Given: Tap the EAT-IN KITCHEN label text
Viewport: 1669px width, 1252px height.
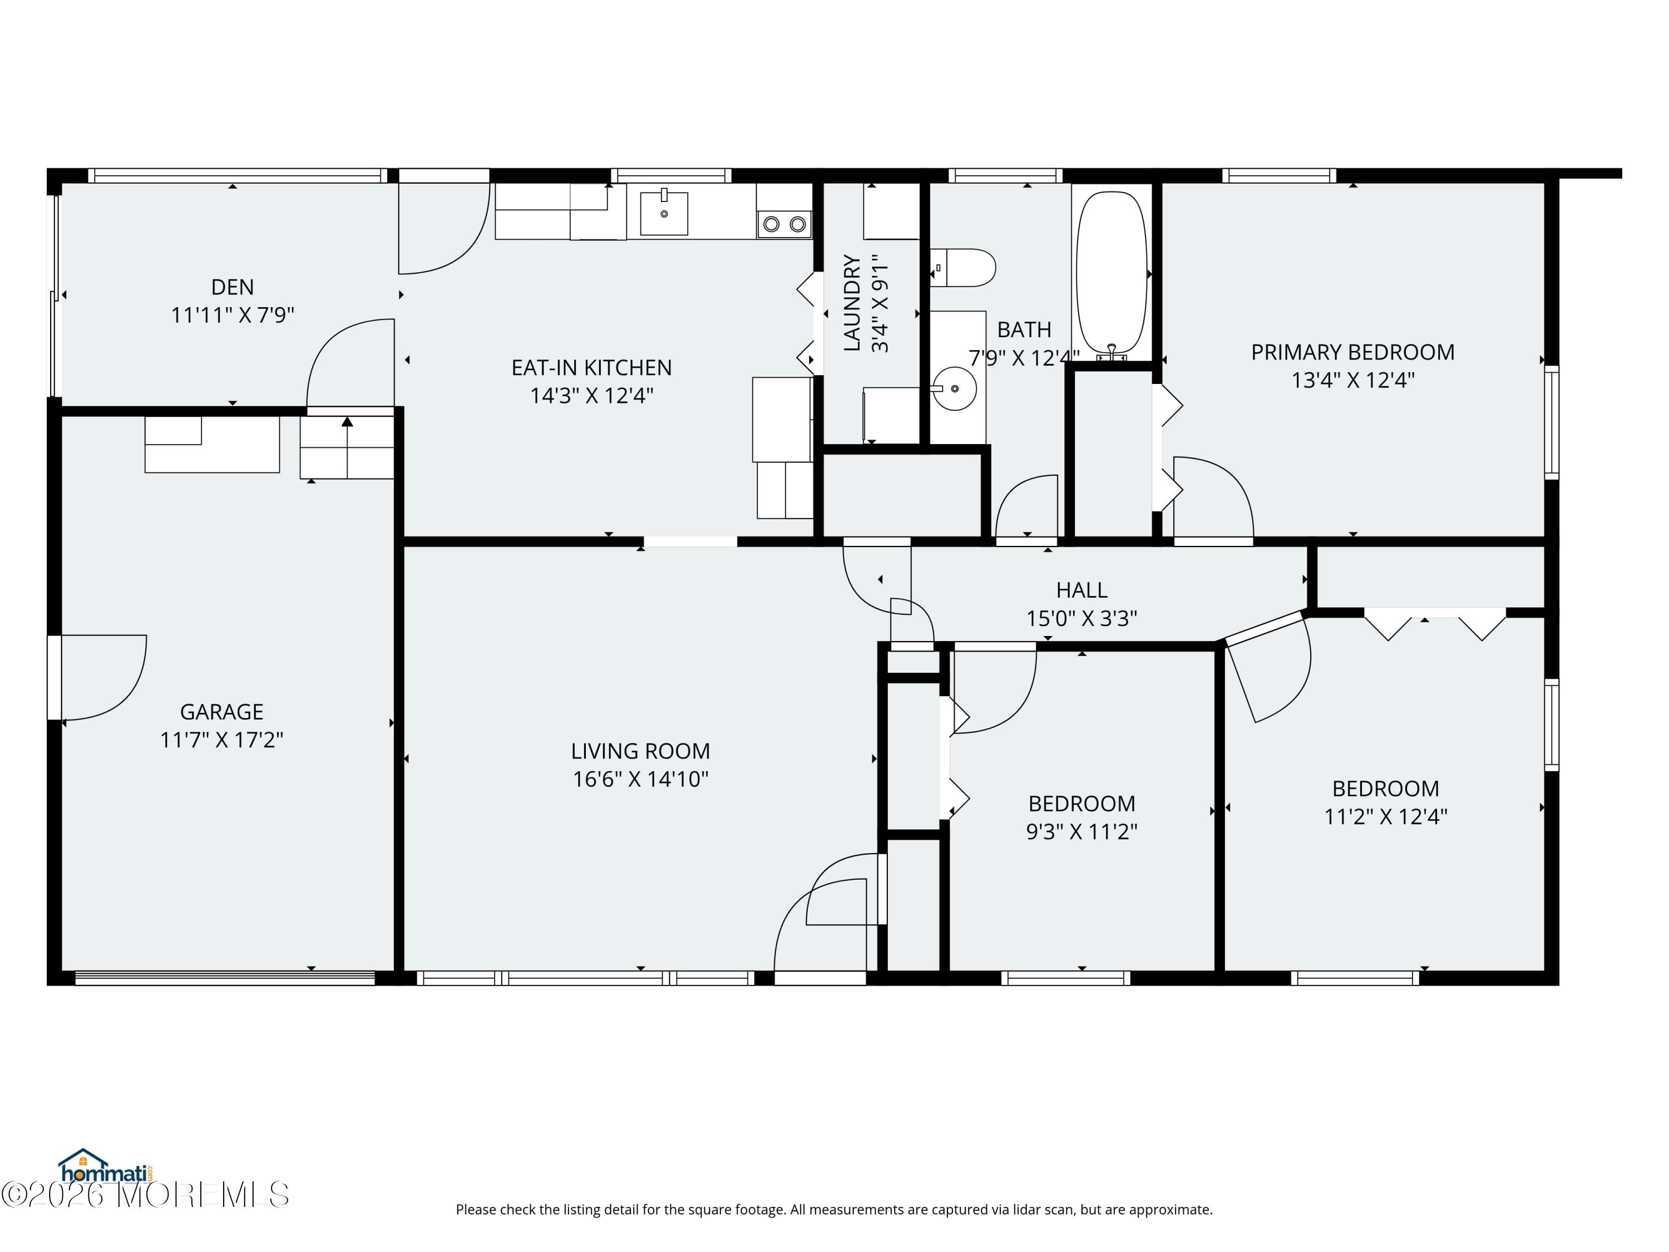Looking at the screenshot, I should tap(591, 367).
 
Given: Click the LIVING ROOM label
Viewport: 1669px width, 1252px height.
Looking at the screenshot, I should tap(640, 751).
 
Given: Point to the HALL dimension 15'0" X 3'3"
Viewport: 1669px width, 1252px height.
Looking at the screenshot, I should tap(1081, 618).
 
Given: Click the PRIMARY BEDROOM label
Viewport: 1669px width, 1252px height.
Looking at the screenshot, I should tap(1352, 352).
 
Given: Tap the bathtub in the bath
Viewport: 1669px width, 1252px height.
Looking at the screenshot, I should tap(1112, 272).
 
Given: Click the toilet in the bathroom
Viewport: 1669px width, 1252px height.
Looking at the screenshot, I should tap(966, 268).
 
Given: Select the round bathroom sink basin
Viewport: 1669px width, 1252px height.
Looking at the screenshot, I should tap(955, 388).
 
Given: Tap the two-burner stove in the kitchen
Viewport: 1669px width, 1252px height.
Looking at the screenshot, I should tap(784, 223).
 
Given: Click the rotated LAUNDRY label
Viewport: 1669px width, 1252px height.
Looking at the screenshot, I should tap(852, 303).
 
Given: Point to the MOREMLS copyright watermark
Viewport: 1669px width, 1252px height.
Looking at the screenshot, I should tap(145, 1195).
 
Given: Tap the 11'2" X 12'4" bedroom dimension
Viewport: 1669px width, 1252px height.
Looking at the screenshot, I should tap(1385, 816).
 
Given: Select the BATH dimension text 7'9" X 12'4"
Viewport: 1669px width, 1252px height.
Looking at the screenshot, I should tap(1024, 358).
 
